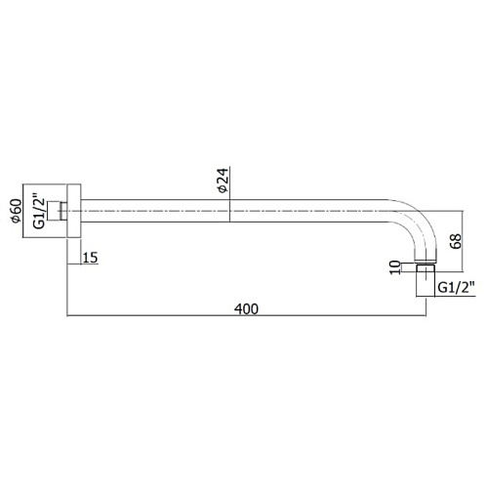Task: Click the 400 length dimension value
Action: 246,308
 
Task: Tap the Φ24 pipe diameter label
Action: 224,181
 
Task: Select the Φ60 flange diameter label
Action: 16,211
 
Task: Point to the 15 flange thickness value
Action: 91,258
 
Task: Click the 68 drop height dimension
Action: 457,241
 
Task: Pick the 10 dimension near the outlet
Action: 395,267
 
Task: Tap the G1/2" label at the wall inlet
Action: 38,211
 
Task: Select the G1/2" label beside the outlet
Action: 457,288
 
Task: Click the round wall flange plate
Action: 74,211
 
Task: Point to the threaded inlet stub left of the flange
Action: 58,211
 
